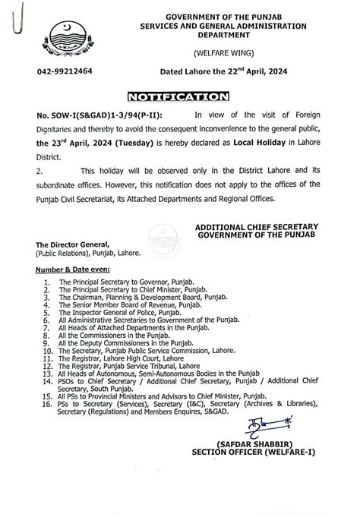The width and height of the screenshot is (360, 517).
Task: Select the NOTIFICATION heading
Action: click(179, 97)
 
